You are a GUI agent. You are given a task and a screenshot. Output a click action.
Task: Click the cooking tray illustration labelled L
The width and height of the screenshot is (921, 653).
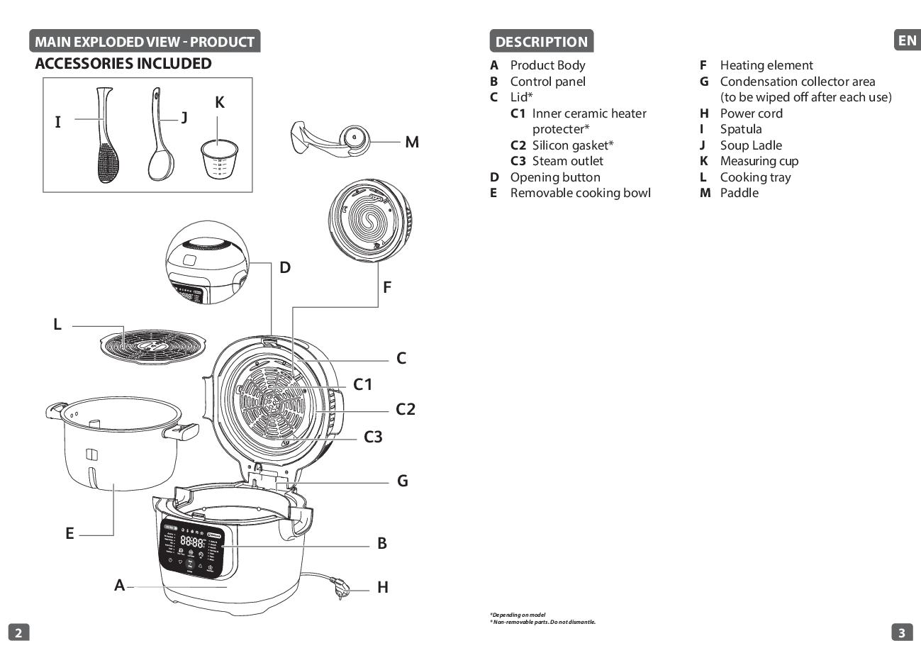(x=152, y=347)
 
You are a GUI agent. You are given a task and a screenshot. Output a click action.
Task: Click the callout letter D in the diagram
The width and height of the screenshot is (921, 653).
(x=285, y=267)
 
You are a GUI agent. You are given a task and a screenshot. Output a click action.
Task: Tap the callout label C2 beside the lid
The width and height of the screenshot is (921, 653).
(x=405, y=409)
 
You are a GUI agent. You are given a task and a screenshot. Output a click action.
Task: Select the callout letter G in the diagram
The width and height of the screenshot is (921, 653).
(x=402, y=481)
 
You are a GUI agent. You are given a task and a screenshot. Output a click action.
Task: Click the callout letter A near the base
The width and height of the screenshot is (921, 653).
(x=120, y=585)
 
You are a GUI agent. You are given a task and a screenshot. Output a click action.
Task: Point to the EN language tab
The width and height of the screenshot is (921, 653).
(x=907, y=40)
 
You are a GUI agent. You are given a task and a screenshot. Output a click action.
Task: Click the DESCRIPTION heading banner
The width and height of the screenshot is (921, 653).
(x=541, y=41)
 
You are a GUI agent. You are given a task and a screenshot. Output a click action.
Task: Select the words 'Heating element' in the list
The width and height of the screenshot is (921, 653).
(x=766, y=65)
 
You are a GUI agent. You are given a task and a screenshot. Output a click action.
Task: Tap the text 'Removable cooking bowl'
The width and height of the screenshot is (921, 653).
(x=580, y=193)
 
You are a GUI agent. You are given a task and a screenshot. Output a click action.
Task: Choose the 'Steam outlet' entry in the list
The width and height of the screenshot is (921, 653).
(x=567, y=161)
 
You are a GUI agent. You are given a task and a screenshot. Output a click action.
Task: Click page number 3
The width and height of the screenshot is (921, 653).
(x=901, y=633)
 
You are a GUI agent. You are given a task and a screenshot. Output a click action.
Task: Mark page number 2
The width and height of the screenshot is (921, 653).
(x=18, y=633)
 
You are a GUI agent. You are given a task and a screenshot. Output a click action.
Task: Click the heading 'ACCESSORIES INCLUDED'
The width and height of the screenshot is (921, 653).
(x=123, y=64)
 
